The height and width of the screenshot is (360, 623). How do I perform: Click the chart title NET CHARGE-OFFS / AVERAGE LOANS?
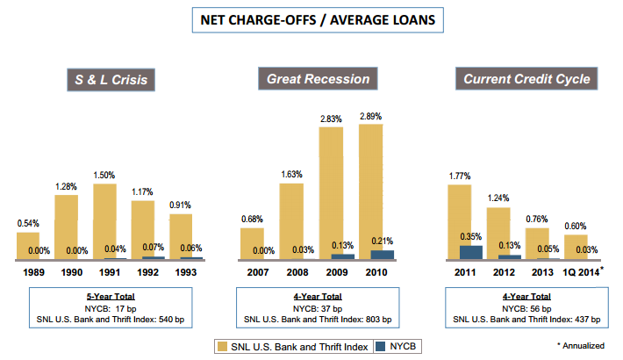[x=311, y=20]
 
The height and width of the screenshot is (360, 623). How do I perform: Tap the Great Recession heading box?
[x=319, y=80]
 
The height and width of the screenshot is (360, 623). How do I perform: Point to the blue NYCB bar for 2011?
[x=471, y=252]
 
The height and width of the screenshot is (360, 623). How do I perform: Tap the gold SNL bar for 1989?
[x=28, y=245]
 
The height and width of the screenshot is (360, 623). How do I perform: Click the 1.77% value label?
[x=459, y=176]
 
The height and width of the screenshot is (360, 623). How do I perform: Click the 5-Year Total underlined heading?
[x=110, y=295]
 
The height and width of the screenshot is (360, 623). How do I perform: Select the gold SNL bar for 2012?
[x=498, y=233]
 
